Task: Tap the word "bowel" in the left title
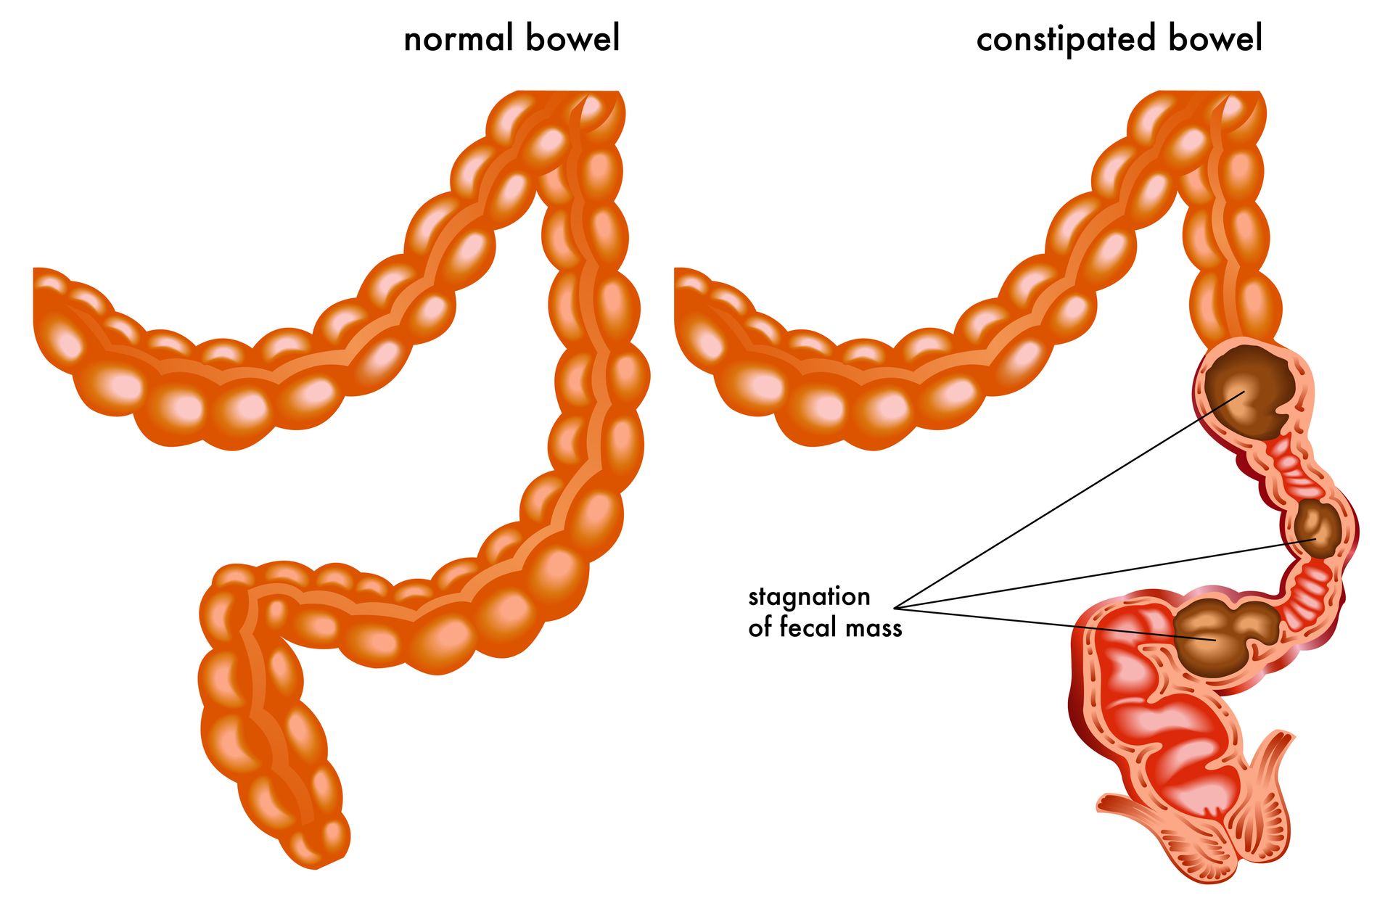point(572,38)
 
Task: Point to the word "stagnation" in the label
point(809,597)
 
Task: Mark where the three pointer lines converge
point(895,607)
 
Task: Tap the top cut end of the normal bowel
point(566,93)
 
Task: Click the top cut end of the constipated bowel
point(1208,93)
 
